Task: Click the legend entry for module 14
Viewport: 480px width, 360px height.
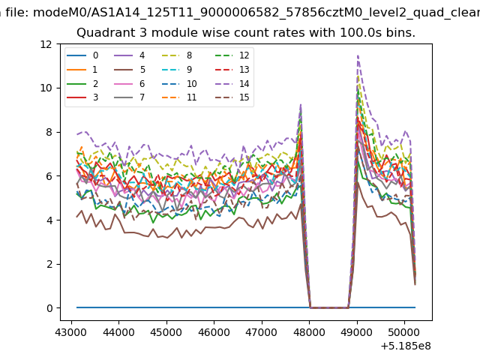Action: coord(232,83)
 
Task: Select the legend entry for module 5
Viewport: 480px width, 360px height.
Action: coord(130,70)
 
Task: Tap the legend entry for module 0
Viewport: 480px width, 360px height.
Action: coord(82,55)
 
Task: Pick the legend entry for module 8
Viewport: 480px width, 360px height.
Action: coord(177,55)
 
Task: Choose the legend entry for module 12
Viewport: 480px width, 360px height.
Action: coord(232,55)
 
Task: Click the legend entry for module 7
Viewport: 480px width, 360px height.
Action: coord(130,97)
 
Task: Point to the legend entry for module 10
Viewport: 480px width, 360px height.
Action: coord(179,83)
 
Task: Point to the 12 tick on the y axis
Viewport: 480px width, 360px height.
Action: coord(58,44)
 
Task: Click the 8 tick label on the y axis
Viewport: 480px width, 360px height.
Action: coord(49,132)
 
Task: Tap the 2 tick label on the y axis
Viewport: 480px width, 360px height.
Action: coord(49,264)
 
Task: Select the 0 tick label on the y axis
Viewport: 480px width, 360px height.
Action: coord(49,308)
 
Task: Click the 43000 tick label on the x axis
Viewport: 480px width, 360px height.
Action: coord(71,332)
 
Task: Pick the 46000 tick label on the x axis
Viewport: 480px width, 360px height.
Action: coord(214,332)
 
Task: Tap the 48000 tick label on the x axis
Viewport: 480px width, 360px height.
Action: coord(309,332)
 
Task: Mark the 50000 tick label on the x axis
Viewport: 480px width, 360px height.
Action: coord(404,332)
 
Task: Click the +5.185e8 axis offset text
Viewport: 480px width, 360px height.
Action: coord(406,346)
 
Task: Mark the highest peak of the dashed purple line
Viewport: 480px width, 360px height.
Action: coord(358,55)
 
